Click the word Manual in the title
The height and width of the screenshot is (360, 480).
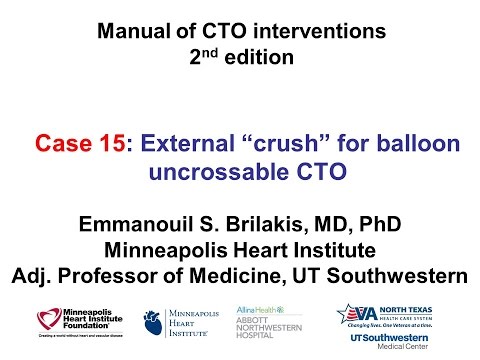[x=129, y=31]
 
